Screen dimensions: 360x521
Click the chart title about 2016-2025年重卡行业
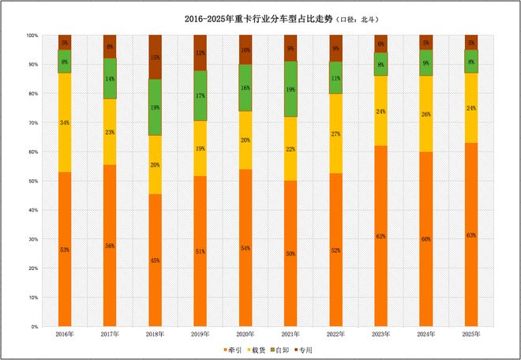(260, 17)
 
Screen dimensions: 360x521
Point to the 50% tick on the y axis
(32, 181)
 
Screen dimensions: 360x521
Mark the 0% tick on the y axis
(34, 326)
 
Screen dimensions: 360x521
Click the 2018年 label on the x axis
(155, 335)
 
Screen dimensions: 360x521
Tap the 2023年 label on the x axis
(380, 335)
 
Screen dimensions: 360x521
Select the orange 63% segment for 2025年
(471, 234)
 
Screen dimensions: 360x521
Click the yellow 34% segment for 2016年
(65, 122)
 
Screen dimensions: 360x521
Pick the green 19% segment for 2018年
(156, 107)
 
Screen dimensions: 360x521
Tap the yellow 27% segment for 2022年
(335, 133)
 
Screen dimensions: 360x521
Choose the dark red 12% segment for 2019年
(201, 53)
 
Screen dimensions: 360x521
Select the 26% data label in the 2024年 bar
(426, 114)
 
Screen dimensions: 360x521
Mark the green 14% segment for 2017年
(110, 79)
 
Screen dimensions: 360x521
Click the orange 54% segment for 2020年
(246, 248)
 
